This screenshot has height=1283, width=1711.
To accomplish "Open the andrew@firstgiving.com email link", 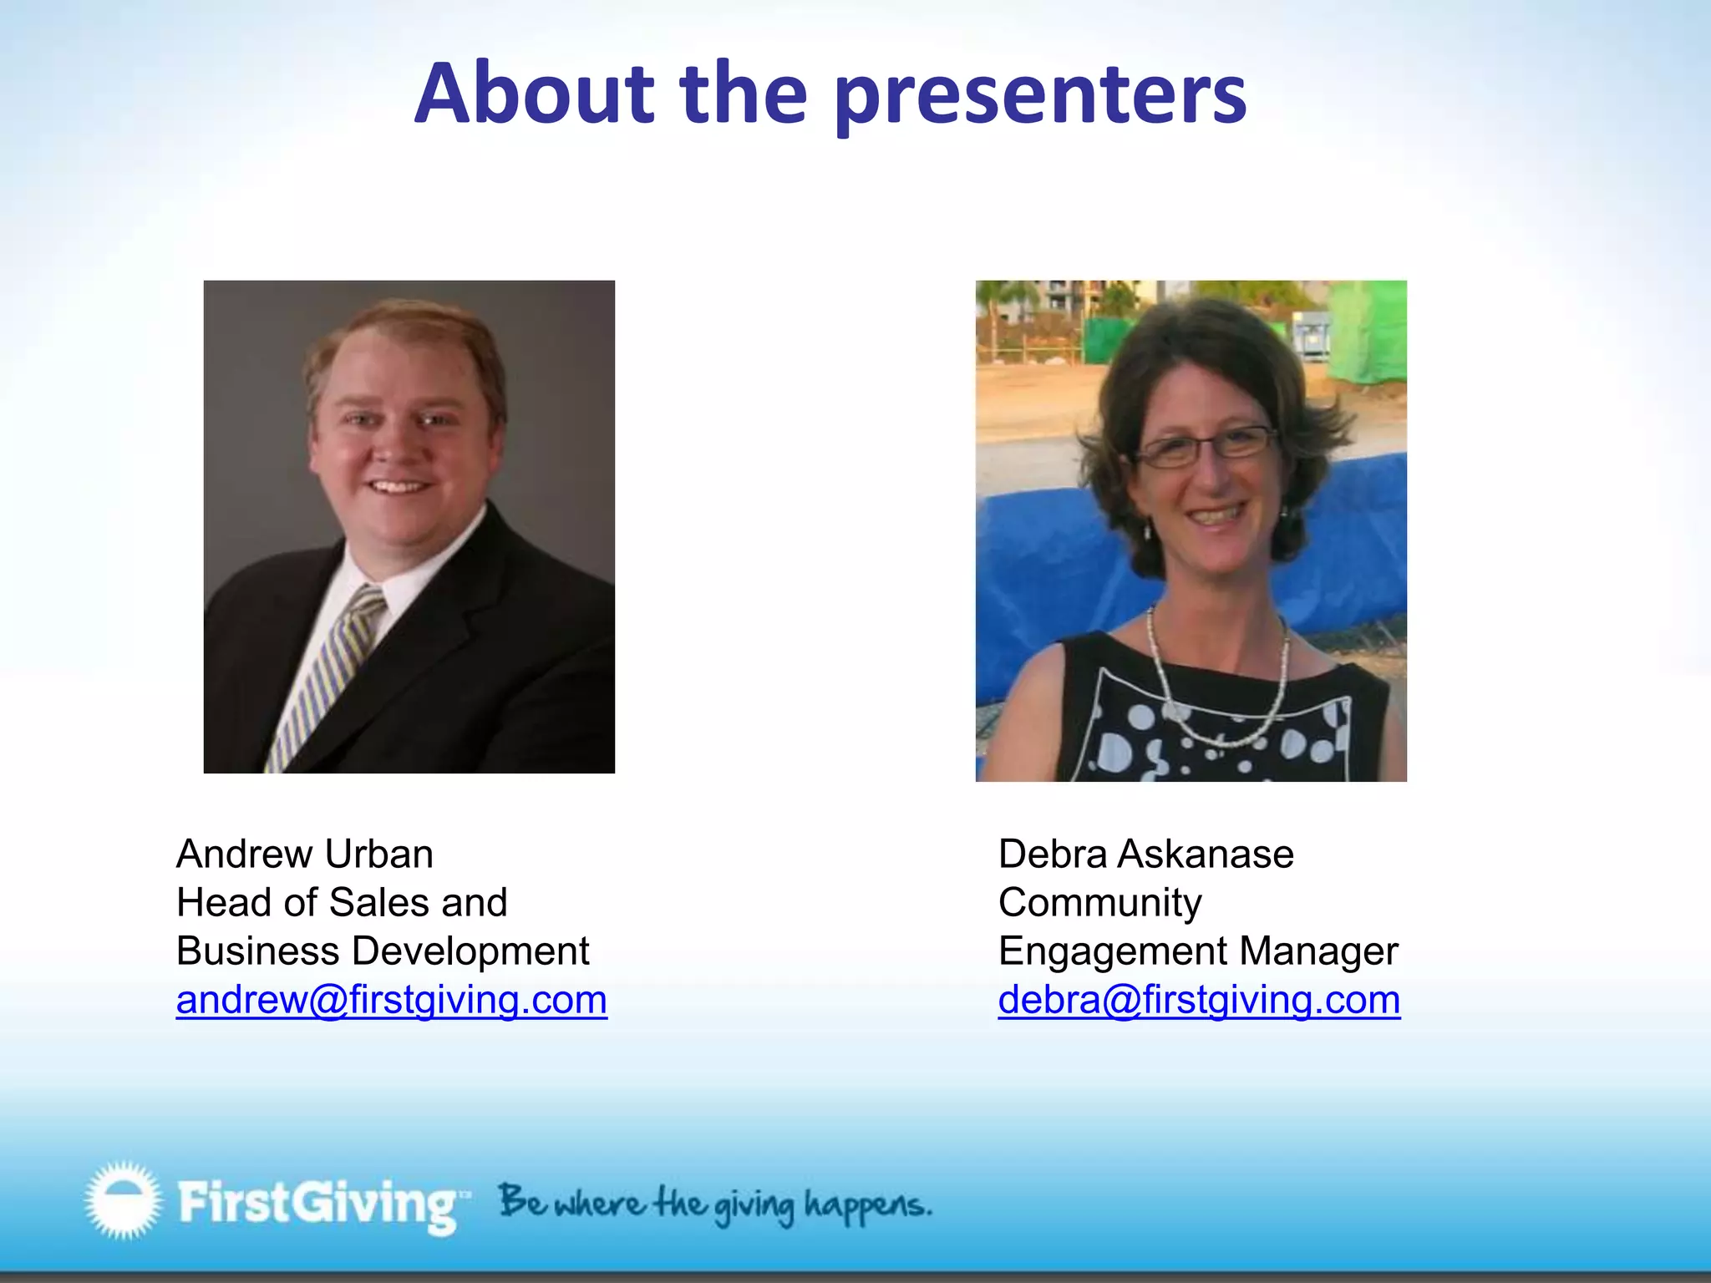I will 391,1000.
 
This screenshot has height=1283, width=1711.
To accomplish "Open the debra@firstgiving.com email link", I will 1199,1000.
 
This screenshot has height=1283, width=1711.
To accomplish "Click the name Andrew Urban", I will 305,854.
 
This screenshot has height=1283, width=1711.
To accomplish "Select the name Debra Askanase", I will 1145,854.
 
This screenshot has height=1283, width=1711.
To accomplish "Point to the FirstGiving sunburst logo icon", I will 123,1199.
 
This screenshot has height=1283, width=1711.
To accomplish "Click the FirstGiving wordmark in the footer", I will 318,1203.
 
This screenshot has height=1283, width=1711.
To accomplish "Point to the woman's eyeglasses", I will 1207,446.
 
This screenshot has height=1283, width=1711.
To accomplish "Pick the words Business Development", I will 383,951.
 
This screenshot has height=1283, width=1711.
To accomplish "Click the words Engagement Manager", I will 1197,951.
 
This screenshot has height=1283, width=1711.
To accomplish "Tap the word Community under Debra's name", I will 1099,903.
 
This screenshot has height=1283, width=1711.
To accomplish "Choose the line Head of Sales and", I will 342,903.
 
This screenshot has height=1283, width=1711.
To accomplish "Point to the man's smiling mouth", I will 398,485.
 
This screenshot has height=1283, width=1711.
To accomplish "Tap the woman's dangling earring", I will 1148,530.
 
